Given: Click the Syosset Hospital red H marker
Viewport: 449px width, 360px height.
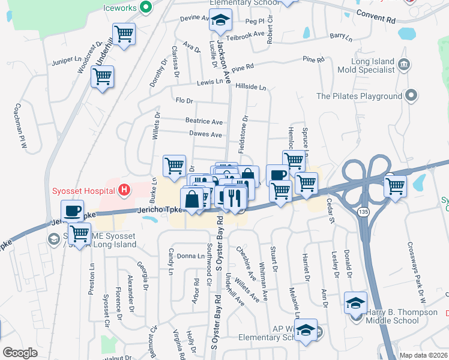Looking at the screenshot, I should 124,191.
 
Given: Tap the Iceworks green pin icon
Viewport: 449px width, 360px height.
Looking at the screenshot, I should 145,7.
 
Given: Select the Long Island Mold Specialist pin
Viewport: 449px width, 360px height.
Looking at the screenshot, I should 403,64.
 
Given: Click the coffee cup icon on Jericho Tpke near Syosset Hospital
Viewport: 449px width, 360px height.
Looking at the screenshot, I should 72,211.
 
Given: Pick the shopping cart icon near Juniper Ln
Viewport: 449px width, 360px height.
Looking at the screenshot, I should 102,77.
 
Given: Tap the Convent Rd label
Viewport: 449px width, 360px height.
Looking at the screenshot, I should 376,16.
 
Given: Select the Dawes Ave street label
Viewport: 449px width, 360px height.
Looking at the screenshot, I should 205,134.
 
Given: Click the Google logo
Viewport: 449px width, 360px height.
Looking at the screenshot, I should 20,353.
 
